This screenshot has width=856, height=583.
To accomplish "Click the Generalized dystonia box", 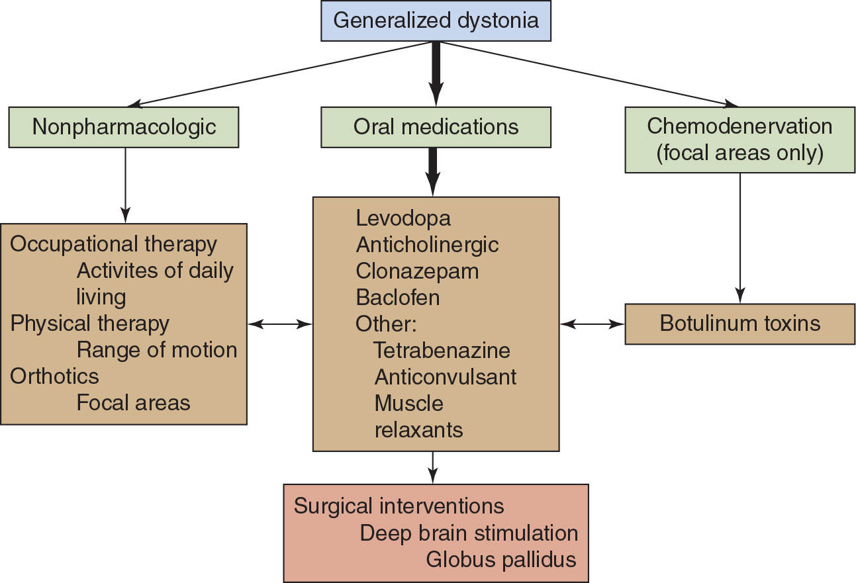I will click(x=436, y=21).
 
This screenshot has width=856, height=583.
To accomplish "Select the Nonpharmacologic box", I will click(x=124, y=126).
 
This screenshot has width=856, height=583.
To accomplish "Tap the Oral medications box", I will click(x=436, y=126).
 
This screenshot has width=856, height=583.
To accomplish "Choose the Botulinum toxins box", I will click(x=739, y=324).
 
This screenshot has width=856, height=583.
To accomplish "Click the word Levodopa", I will click(x=403, y=218).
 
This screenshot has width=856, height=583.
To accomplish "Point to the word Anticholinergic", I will click(x=427, y=244).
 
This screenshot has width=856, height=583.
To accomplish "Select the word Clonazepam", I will click(x=417, y=271).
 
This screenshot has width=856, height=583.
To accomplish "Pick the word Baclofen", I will click(x=397, y=297).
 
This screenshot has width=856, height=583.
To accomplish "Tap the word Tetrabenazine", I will click(x=442, y=350).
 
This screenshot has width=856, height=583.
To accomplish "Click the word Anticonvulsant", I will click(x=445, y=377).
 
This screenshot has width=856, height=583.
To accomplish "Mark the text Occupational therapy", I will click(x=113, y=244).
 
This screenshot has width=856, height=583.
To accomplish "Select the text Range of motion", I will click(x=156, y=349).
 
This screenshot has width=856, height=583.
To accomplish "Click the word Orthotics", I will click(x=54, y=376).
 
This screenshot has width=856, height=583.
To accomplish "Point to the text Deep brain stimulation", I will click(x=469, y=533).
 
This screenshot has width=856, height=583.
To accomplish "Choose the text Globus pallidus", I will click(x=500, y=560).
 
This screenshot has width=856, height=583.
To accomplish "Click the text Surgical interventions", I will click(x=399, y=507).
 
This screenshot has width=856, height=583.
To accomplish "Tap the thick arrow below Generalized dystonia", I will click(x=435, y=73).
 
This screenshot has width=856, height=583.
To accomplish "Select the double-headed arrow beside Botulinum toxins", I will click(x=592, y=324).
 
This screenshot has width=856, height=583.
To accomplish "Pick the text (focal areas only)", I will click(x=739, y=153).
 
